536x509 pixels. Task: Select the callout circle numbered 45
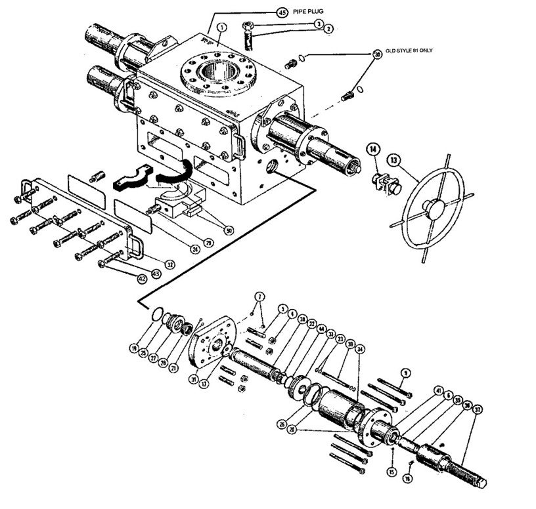tap(264, 12)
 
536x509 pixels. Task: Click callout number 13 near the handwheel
tap(393, 159)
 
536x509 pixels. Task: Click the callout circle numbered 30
tap(377, 54)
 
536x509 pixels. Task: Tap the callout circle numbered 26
tap(282, 424)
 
